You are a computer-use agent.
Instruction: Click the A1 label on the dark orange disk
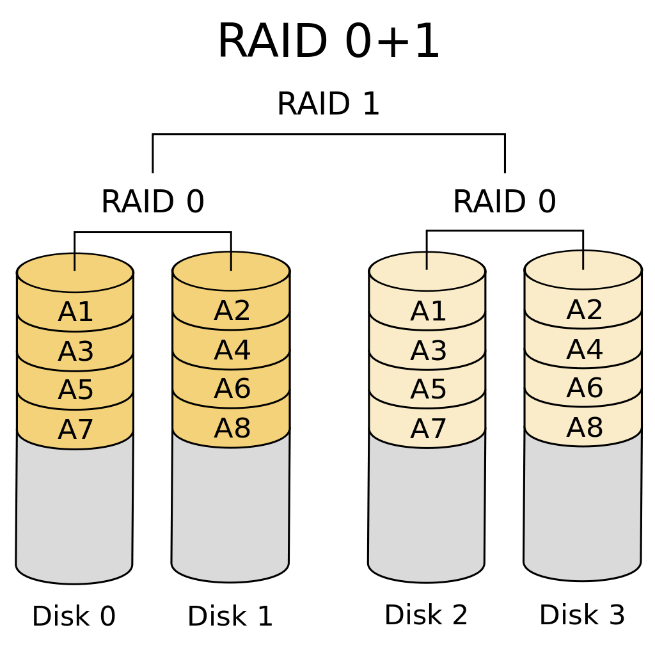[x=75, y=312]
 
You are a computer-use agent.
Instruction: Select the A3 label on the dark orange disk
[x=75, y=351]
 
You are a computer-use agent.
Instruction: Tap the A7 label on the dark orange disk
[x=75, y=429]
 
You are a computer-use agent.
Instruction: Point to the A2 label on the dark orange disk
[x=232, y=311]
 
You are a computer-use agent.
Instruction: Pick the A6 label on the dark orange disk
[x=232, y=389]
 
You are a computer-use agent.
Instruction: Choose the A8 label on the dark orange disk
[x=232, y=428]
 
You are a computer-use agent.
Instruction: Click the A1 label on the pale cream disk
[x=428, y=312]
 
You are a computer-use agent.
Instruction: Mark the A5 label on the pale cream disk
[x=428, y=390]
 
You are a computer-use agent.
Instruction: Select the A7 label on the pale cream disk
[x=428, y=429]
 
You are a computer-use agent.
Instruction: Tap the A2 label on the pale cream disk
[x=584, y=310]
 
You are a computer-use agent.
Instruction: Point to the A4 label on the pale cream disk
[x=584, y=349]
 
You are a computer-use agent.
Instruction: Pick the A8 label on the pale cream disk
[x=584, y=427]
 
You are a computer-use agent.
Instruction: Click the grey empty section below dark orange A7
[x=74, y=512]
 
